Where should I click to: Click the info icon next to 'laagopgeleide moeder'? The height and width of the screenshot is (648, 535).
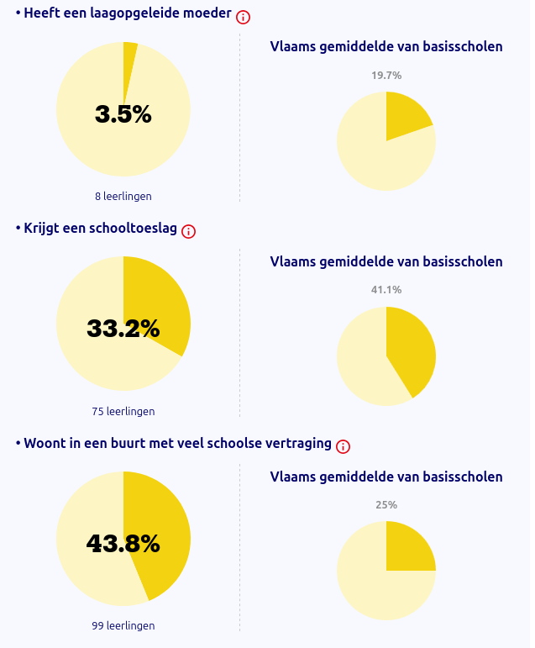pyautogui.click(x=244, y=17)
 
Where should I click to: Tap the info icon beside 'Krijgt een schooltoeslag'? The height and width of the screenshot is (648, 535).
pyautogui.click(x=189, y=231)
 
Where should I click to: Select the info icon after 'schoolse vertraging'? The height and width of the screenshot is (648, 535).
pyautogui.click(x=343, y=446)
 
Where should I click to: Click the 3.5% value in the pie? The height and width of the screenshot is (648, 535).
pyautogui.click(x=123, y=114)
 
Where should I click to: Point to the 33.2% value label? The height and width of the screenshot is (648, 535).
pyautogui.click(x=123, y=329)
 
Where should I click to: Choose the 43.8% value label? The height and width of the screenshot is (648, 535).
pyautogui.click(x=123, y=544)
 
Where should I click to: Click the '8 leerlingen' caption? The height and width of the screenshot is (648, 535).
pyautogui.click(x=123, y=196)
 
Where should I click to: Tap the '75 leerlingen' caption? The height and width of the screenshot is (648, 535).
pyautogui.click(x=123, y=411)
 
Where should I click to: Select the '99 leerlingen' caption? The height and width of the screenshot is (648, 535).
pyautogui.click(x=123, y=625)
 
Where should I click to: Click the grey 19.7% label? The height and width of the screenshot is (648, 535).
pyautogui.click(x=386, y=76)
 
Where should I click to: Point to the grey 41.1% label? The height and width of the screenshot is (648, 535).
pyautogui.click(x=386, y=290)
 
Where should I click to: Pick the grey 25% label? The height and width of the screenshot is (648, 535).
pyautogui.click(x=386, y=505)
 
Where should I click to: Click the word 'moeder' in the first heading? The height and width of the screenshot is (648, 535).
pyautogui.click(x=207, y=13)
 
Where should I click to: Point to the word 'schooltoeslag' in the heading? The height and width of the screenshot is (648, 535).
pyautogui.click(x=138, y=229)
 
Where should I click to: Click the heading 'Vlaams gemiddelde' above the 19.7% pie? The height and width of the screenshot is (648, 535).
pyautogui.click(x=386, y=46)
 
